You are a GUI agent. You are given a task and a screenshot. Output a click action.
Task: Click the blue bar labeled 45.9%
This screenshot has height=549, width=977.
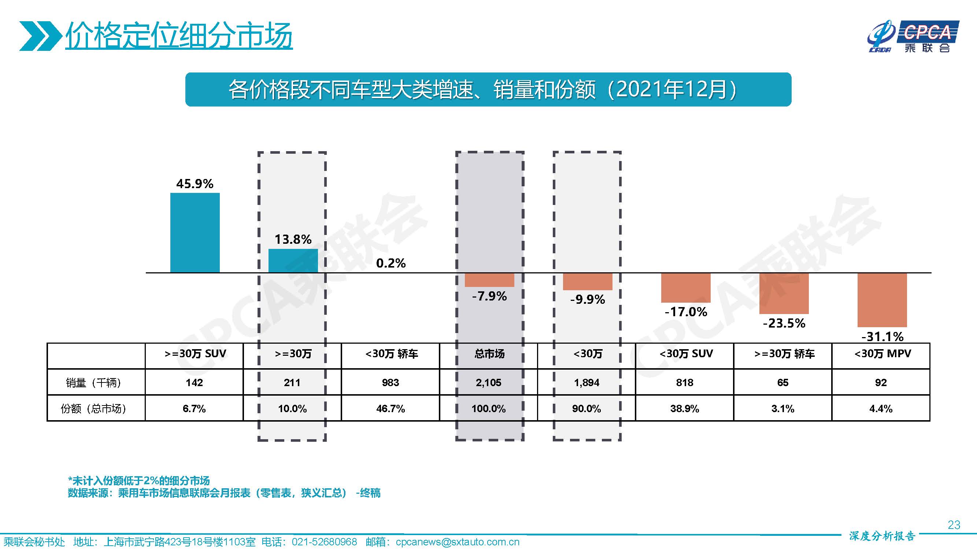click(195, 232)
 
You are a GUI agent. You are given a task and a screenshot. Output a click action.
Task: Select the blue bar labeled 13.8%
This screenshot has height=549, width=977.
click(293, 260)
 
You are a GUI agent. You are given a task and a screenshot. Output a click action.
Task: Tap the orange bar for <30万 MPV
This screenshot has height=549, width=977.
click(882, 300)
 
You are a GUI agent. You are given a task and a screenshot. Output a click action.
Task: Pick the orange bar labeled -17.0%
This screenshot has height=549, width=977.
click(686, 288)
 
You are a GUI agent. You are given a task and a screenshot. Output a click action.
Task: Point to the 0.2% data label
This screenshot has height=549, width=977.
click(391, 263)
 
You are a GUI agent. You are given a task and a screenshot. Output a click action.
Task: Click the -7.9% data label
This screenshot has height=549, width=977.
click(489, 296)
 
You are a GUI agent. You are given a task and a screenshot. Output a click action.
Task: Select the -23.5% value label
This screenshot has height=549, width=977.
click(784, 323)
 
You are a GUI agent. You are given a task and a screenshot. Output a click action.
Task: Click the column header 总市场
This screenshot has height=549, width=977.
click(489, 354)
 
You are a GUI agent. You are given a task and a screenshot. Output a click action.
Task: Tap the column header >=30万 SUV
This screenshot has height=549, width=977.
click(195, 354)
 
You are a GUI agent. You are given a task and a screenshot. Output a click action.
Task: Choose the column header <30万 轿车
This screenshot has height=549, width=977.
click(391, 354)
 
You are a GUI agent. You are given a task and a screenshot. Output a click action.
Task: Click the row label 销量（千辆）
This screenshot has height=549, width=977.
click(93, 383)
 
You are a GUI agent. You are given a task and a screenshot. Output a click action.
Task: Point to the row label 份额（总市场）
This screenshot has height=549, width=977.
click(93, 408)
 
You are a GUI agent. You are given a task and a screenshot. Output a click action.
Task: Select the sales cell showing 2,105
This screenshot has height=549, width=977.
click(489, 383)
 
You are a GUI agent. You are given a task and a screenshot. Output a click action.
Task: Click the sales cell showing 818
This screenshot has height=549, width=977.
click(685, 383)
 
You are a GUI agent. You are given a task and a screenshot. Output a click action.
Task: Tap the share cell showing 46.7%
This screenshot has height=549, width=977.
click(391, 408)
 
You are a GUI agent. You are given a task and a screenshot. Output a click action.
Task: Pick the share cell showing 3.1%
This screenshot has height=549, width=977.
click(783, 408)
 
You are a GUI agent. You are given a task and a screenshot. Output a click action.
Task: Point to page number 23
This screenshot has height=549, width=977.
click(954, 525)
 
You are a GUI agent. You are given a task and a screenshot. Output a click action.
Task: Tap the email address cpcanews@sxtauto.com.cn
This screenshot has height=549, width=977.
click(457, 542)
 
